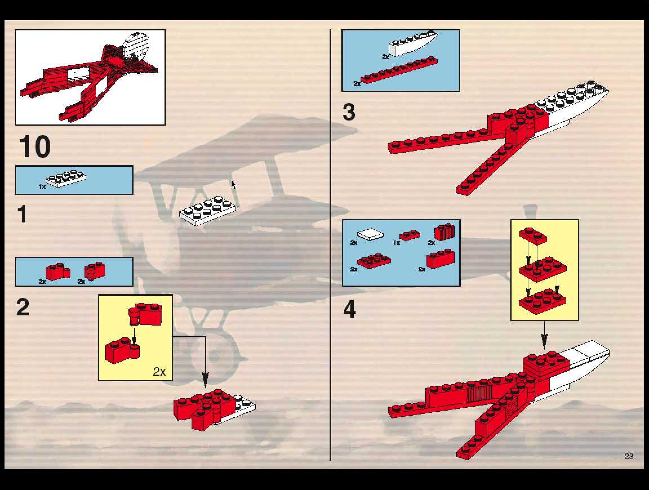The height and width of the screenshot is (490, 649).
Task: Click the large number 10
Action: click(x=35, y=146)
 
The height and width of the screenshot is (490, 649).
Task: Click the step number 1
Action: click(x=23, y=214)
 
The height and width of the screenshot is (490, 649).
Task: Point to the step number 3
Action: click(x=349, y=112)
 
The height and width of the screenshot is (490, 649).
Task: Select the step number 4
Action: click(x=350, y=309)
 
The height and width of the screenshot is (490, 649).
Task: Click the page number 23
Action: click(x=629, y=456)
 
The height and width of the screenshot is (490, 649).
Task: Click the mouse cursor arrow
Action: click(x=234, y=185)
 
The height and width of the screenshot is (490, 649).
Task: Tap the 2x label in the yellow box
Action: click(x=159, y=372)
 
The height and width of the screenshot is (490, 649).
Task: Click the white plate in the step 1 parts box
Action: click(x=66, y=178)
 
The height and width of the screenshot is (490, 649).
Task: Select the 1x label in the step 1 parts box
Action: click(x=42, y=187)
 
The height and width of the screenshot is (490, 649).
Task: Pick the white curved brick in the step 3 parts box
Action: click(x=413, y=44)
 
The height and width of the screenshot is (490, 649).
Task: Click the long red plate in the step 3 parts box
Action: click(x=399, y=70)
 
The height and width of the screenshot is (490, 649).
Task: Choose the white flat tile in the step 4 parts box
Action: click(x=370, y=234)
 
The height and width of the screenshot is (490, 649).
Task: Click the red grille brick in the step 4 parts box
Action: click(x=444, y=232)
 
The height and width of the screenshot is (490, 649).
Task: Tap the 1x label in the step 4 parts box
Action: click(x=397, y=243)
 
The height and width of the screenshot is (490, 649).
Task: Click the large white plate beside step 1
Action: click(x=207, y=211)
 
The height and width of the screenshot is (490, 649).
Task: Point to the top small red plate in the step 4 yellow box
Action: click(x=533, y=236)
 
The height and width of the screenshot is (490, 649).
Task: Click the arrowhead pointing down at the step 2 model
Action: click(x=205, y=380)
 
